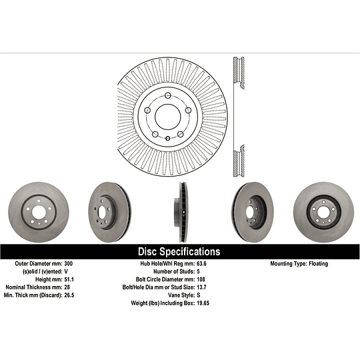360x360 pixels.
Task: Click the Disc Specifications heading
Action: point(179,252)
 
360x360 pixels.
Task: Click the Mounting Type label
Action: point(287,264)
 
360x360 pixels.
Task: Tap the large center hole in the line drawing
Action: point(171,117)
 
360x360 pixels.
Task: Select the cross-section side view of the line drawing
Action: point(237,117)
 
